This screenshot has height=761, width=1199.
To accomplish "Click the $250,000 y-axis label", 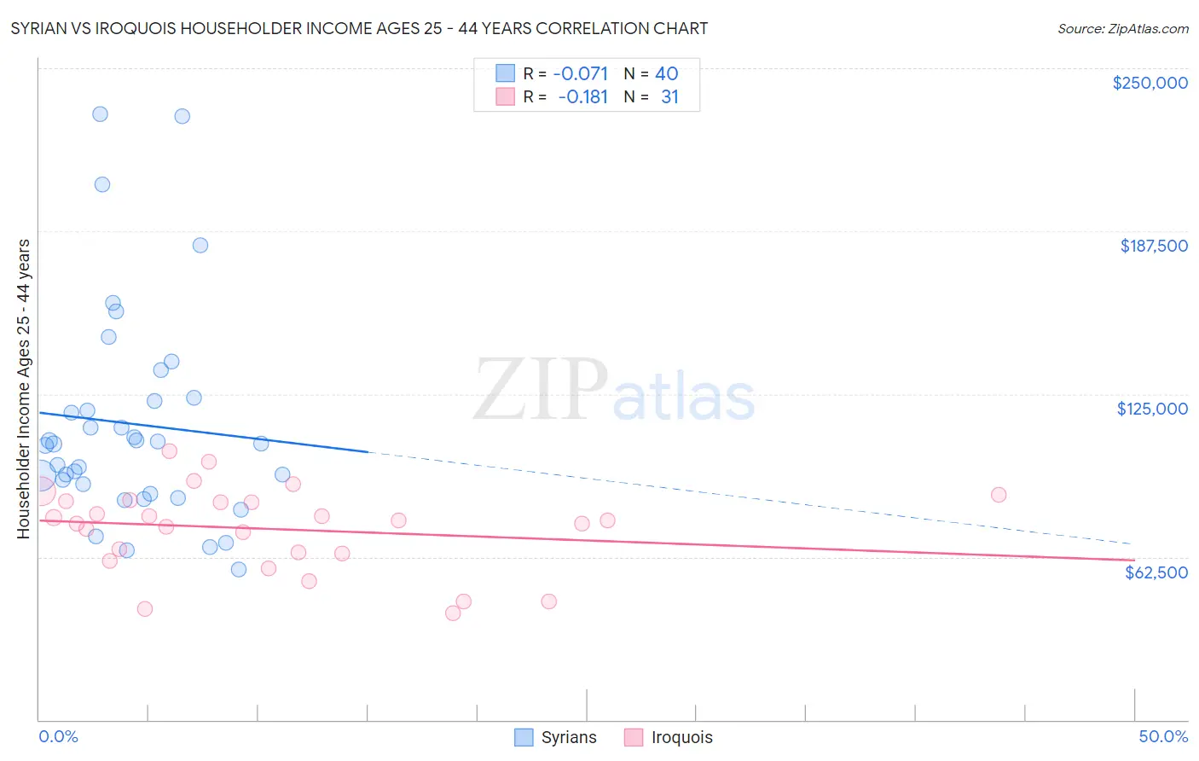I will (x=1150, y=83).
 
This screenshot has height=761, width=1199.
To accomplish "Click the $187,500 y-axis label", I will (x=1153, y=246).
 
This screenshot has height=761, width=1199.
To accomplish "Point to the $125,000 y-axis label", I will (x=1152, y=409).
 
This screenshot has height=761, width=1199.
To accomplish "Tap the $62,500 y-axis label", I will (x=1156, y=572).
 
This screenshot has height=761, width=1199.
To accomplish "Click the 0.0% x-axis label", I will (x=58, y=736).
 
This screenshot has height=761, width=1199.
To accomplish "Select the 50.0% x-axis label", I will (x=1162, y=736).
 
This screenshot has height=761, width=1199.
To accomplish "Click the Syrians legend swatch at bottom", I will (x=524, y=737).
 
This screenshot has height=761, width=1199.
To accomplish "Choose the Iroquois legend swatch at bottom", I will (x=634, y=737).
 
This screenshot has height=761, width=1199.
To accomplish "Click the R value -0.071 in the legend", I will (x=580, y=74).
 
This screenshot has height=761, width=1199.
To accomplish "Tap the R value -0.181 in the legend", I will (x=582, y=97).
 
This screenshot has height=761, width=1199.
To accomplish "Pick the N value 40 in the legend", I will (x=666, y=74).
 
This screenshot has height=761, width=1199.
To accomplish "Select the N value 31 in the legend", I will (x=669, y=97).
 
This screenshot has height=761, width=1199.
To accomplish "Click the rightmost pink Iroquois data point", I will (x=999, y=495).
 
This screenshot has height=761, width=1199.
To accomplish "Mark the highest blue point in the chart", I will (x=100, y=114).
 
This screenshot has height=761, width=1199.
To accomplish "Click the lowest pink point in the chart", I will (x=453, y=613).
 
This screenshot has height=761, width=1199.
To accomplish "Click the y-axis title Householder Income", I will (x=23, y=388).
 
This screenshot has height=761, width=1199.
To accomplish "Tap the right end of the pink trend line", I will (x=1133, y=560).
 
